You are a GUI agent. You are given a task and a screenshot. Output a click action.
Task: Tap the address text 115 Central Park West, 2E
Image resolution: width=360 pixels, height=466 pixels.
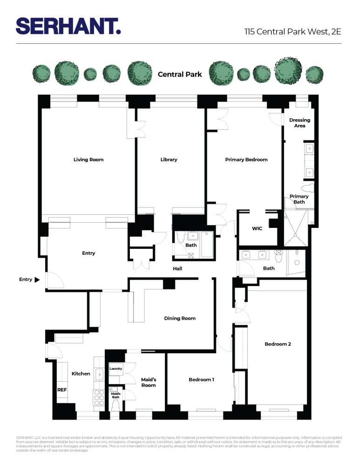click(x=293, y=32)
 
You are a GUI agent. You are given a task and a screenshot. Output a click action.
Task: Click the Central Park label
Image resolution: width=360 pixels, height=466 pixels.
click(x=180, y=74)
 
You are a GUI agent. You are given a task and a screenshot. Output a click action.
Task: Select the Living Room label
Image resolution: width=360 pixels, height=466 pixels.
click(x=88, y=160)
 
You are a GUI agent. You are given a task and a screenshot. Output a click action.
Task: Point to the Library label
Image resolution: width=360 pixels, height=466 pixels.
click(x=169, y=160)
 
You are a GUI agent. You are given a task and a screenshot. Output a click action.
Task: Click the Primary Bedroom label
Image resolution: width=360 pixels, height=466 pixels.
click(x=246, y=160)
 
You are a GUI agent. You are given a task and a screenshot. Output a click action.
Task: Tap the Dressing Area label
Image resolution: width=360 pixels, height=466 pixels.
click(x=299, y=123)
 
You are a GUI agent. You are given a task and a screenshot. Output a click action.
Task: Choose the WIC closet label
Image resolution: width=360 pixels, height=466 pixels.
click(x=257, y=229)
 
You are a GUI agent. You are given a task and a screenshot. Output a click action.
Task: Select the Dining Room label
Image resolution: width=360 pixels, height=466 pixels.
click(x=180, y=319)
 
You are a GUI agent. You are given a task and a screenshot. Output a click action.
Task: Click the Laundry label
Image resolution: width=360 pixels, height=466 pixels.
click(x=115, y=369)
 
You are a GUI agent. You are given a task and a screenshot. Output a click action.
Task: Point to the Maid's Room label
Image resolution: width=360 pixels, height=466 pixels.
click(x=149, y=383)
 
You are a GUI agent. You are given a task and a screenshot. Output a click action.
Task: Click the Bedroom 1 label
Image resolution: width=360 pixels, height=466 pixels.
click(x=201, y=380)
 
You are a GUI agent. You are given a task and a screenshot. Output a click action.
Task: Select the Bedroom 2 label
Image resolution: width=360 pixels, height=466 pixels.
click(x=278, y=344)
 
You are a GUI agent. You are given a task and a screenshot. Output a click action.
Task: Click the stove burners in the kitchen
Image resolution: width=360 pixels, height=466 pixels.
click(x=99, y=397)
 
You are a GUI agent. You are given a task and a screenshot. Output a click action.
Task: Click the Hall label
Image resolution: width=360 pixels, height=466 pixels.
click(x=177, y=269)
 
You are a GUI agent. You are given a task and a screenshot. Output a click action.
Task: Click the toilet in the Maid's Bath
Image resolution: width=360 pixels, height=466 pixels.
click(x=116, y=405)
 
